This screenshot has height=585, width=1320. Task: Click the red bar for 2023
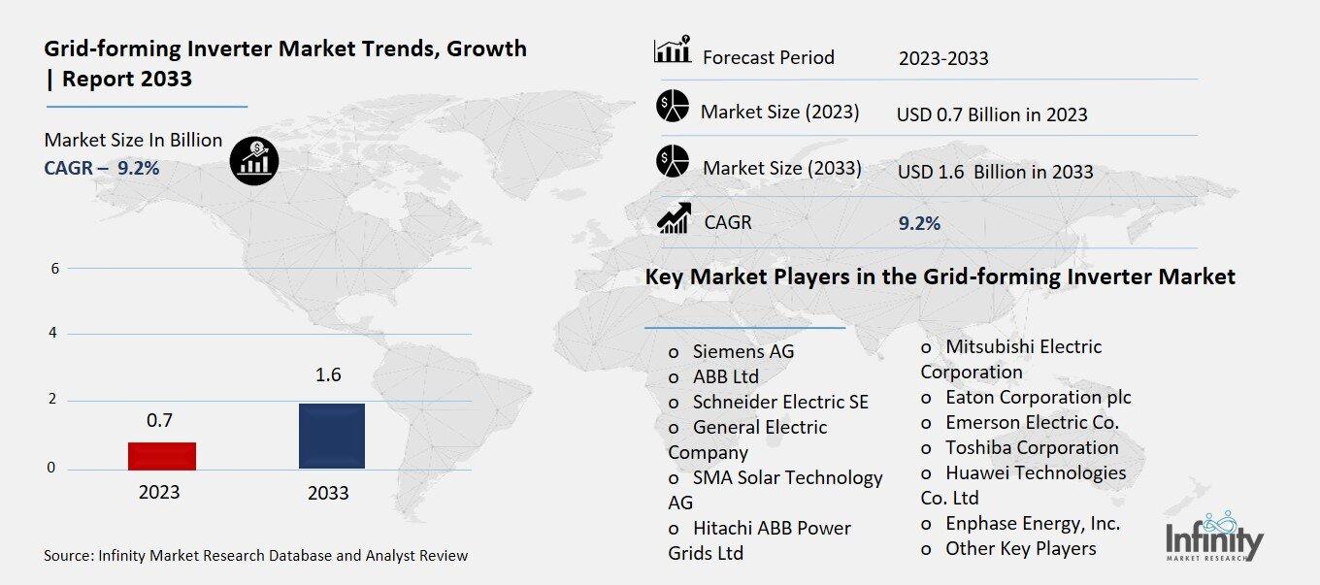(x=162, y=456)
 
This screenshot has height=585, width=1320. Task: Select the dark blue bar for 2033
(x=331, y=437)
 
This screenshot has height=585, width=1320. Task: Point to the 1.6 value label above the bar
(x=329, y=375)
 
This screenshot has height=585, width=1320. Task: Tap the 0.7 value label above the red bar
(x=159, y=420)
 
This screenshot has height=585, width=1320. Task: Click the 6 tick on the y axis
(x=54, y=269)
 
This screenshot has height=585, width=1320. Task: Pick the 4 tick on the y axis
(x=54, y=334)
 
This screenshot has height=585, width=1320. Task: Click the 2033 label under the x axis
(x=328, y=493)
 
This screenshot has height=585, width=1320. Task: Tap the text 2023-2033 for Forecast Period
(x=942, y=58)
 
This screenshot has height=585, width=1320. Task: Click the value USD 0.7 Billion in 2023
(x=991, y=114)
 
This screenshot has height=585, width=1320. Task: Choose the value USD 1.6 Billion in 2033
(x=995, y=172)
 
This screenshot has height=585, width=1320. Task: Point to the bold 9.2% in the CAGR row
(x=919, y=224)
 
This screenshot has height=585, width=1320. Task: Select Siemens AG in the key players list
(x=742, y=351)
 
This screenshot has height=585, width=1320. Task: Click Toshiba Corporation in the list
(x=1032, y=447)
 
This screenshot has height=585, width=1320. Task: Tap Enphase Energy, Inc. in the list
(x=1033, y=523)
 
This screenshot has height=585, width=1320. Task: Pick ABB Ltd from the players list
(x=725, y=376)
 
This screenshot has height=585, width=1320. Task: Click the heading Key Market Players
(x=940, y=277)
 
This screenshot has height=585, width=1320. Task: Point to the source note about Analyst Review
(x=255, y=556)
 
